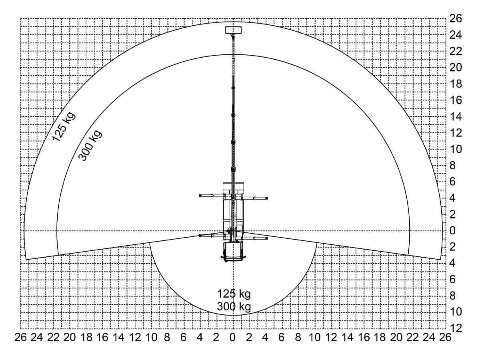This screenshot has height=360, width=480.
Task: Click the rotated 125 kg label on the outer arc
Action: click(x=64, y=126)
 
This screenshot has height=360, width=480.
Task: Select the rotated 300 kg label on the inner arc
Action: click(x=90, y=145)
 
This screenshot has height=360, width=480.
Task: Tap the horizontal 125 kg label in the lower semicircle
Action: click(x=234, y=294)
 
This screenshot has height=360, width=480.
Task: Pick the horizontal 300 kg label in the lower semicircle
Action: click(x=234, y=306)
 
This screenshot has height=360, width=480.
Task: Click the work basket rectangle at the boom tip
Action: click(x=233, y=30)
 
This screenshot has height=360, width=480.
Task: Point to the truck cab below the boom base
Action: click(x=233, y=252)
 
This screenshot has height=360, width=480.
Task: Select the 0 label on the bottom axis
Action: click(x=232, y=338)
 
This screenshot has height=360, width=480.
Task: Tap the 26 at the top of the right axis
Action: click(x=456, y=18)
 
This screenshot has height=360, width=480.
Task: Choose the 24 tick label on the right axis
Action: click(x=456, y=35)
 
